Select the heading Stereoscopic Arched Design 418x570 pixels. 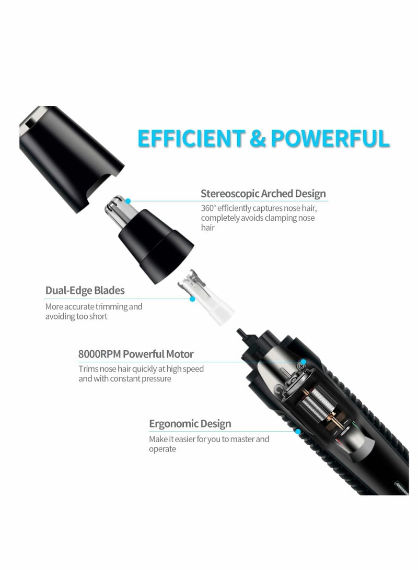pos(263,194)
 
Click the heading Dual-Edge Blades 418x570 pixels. pos(85,290)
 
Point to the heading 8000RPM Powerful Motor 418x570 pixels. pos(136,354)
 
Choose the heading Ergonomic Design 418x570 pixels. pos(190,423)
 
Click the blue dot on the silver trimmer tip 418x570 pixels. pos(129,200)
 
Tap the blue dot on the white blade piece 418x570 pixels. pos(192,299)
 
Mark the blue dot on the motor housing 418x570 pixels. pos(303,361)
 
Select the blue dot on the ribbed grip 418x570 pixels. pos(297,432)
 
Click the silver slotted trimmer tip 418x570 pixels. pos(123,209)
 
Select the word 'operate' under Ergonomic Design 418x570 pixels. pos(162,449)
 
